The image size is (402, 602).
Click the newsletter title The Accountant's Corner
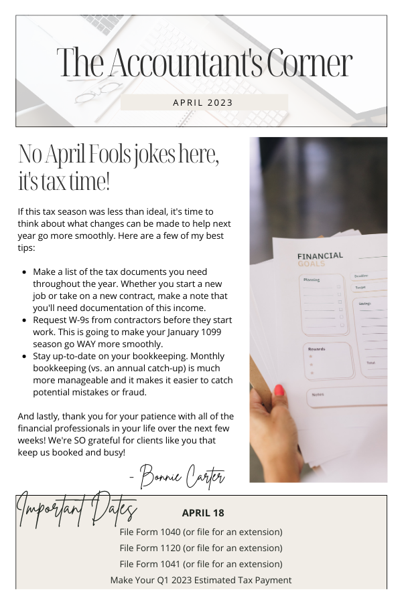click(204, 64)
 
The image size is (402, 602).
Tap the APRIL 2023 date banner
click(203, 102)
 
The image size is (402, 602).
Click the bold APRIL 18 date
click(203, 513)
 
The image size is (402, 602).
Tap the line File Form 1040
click(201, 532)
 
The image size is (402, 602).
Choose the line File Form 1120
click(201, 548)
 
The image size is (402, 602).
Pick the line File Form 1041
click(201, 564)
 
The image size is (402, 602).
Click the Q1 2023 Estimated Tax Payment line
click(201, 580)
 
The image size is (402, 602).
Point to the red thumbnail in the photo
click(279, 390)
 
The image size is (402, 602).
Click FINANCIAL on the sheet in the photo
click(320, 256)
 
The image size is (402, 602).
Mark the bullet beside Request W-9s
click(25, 320)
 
